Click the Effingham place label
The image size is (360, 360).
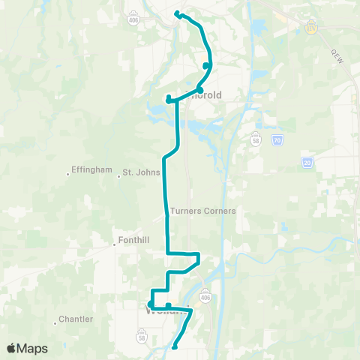point(92,169)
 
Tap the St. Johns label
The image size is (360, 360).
point(142,172)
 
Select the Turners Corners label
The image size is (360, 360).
point(203,211)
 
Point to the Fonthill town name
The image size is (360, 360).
point(135,241)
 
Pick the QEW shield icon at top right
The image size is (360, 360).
point(310,26)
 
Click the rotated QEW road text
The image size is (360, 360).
point(337,56)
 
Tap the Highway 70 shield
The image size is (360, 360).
point(277,139)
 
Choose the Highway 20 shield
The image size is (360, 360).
point(307,163)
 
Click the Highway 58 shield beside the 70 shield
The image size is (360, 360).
point(256,138)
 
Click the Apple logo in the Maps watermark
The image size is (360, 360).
point(11,348)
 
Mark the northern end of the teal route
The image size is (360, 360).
point(177,13)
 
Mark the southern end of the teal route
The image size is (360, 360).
point(174,346)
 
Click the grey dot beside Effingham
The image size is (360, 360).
point(69,174)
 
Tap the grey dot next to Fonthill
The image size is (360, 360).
point(115,242)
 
